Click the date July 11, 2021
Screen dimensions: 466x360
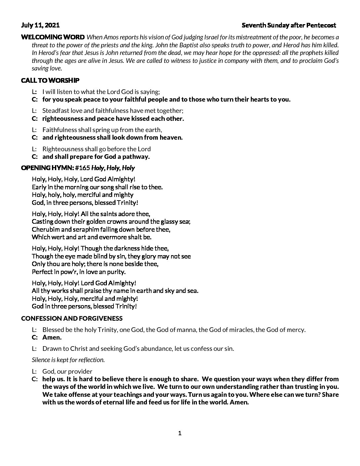pos(40,25)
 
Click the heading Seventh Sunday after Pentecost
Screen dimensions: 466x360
pos(289,25)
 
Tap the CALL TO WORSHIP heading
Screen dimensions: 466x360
pos(50,80)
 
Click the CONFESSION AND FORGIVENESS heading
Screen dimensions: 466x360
pos(71,318)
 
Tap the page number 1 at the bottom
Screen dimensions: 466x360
pos(180,433)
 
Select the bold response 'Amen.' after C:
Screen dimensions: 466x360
pos(52,338)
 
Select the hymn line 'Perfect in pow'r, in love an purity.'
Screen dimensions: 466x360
pos(79,272)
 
